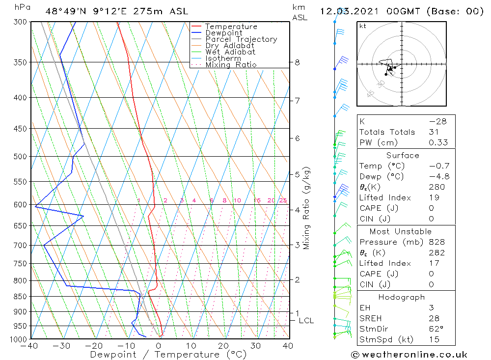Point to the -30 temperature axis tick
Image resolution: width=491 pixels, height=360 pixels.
[61, 346]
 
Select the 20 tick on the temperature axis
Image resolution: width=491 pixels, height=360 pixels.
[223, 346]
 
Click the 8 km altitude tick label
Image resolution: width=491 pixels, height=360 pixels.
[297, 62]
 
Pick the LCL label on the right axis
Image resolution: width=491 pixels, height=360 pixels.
[306, 321]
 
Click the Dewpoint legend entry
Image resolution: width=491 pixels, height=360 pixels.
[223, 33]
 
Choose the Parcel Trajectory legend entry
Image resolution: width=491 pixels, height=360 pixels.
[241, 39]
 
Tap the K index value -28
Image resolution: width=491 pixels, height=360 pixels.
[437, 121]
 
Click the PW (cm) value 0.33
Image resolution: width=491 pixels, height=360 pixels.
[438, 142]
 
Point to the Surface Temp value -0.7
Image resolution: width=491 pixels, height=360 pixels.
[439, 166]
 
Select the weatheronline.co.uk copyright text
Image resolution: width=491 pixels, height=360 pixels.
[409, 355]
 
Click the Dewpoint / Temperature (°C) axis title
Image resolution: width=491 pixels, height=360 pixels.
[168, 355]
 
